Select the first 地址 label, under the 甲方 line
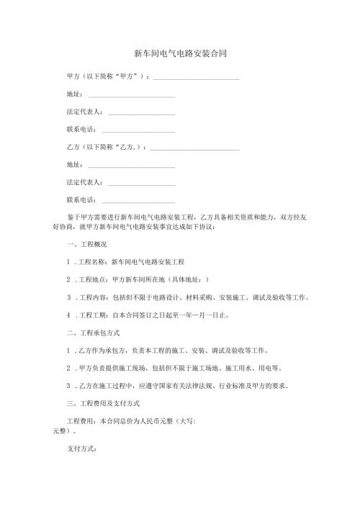tap(74, 96)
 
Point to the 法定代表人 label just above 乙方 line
tap(84, 112)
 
